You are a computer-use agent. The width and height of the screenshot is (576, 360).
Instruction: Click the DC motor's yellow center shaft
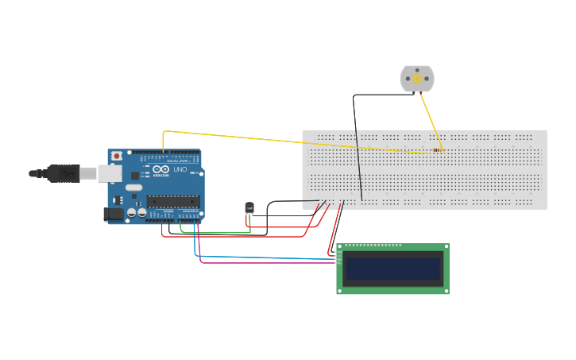(417, 79)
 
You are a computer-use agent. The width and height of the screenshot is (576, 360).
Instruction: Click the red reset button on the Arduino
(117, 156)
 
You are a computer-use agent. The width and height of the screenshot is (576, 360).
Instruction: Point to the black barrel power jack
(114, 213)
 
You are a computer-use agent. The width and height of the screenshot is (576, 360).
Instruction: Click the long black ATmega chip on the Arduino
(172, 201)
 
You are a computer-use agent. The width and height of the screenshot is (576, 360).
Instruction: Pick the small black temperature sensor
(249, 208)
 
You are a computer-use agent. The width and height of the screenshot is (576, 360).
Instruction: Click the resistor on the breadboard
(439, 150)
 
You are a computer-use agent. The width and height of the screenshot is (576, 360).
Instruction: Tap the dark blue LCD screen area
(392, 269)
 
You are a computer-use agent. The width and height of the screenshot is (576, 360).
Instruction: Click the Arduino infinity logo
(161, 170)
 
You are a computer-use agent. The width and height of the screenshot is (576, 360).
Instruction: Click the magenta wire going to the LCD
(262, 261)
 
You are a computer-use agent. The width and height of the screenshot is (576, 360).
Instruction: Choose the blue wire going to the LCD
(262, 257)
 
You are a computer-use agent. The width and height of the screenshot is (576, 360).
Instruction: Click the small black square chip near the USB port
(135, 174)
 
